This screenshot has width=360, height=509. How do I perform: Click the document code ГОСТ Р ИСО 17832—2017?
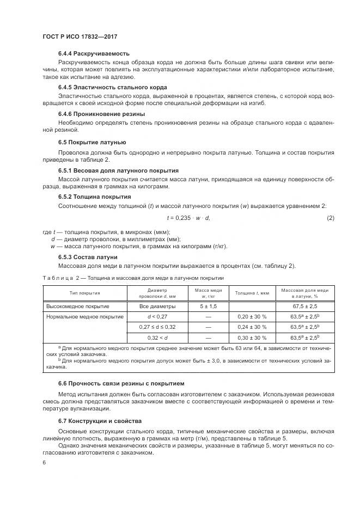[x=80, y=37]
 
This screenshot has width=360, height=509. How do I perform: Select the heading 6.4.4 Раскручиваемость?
[x=94, y=53]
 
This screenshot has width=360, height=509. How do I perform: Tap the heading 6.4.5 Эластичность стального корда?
[x=113, y=87]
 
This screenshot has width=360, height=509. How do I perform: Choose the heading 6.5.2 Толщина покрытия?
[x=94, y=197]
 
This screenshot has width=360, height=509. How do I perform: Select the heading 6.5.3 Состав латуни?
[x=88, y=257]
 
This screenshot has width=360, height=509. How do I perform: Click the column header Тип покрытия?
[x=84, y=293]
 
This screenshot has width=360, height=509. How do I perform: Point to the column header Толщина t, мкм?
[x=252, y=293]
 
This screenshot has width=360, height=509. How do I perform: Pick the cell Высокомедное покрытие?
[x=78, y=306]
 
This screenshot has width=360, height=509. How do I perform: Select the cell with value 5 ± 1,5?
[x=208, y=306]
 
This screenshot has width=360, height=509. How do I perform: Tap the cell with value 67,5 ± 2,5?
[x=305, y=306]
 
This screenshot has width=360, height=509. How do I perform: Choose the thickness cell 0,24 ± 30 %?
[x=252, y=327]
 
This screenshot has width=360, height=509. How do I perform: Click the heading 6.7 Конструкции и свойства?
[x=100, y=421]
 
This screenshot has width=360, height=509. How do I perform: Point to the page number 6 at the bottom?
[x=44, y=463]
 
